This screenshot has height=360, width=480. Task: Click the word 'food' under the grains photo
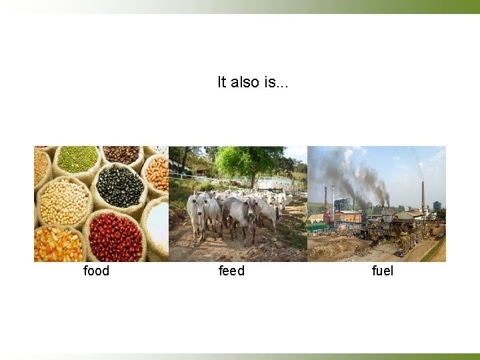pyautogui.click(x=96, y=271)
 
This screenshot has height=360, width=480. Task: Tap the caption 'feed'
pyautogui.click(x=231, y=271)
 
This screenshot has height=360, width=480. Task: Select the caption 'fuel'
pyautogui.click(x=383, y=271)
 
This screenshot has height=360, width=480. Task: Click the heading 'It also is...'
pyautogui.click(x=253, y=82)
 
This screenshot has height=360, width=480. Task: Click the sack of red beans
pyautogui.click(x=115, y=237)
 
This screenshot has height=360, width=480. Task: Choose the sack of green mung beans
pyautogui.click(x=77, y=159)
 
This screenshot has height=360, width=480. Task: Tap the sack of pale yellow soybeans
pyautogui.click(x=63, y=201)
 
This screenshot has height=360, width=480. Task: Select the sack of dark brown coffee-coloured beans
pyautogui.click(x=121, y=154)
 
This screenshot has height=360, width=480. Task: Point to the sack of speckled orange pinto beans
pyautogui.click(x=157, y=174)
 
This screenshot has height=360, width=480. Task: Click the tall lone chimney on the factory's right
pyautogui.click(x=422, y=195)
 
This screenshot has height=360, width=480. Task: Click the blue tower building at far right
pyautogui.click(x=437, y=206)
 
